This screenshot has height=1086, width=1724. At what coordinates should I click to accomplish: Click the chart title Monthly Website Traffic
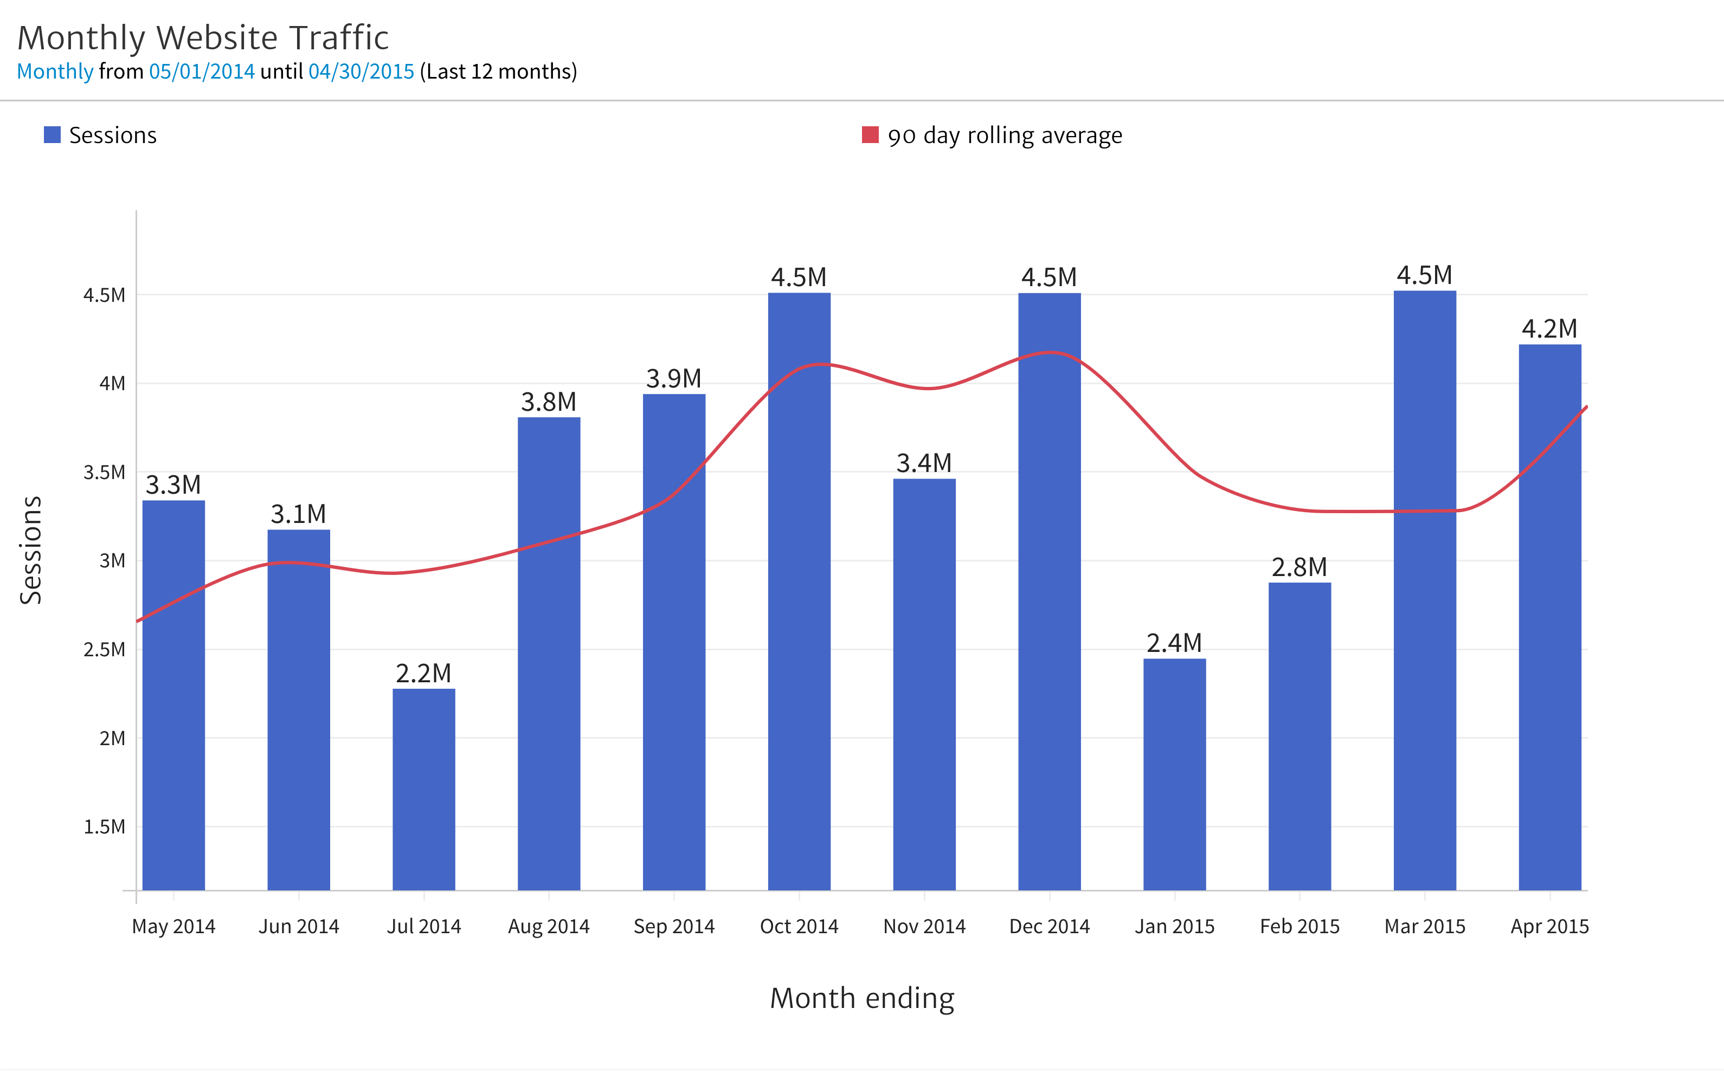tap(203, 38)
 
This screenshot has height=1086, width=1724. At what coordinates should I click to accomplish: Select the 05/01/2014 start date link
tap(202, 72)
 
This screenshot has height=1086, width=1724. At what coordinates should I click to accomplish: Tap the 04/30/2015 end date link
tap(361, 72)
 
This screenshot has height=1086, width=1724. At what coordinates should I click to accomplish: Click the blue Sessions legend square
tap(52, 134)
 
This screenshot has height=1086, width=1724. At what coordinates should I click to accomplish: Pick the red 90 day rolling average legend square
tap(870, 134)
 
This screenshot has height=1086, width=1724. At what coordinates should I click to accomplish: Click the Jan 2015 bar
tap(1174, 774)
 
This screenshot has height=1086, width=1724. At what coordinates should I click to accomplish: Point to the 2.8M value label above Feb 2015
tap(1299, 567)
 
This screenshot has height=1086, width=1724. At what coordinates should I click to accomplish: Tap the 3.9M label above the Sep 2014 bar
tap(674, 378)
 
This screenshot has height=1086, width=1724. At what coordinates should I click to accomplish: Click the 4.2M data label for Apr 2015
tap(1549, 328)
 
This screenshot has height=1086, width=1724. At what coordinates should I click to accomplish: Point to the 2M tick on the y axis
tap(112, 738)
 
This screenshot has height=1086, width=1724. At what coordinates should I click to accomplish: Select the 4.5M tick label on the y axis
tap(105, 295)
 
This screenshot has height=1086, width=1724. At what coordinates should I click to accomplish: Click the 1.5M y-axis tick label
tap(105, 827)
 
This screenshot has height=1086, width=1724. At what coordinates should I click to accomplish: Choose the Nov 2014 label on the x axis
tap(924, 926)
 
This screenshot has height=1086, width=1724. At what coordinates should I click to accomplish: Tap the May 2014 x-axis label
tap(173, 926)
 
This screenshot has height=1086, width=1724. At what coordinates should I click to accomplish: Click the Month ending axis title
tap(862, 998)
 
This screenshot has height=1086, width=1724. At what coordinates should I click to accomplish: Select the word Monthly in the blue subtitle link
tap(55, 72)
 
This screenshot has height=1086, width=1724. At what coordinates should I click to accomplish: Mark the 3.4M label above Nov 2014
tap(924, 463)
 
